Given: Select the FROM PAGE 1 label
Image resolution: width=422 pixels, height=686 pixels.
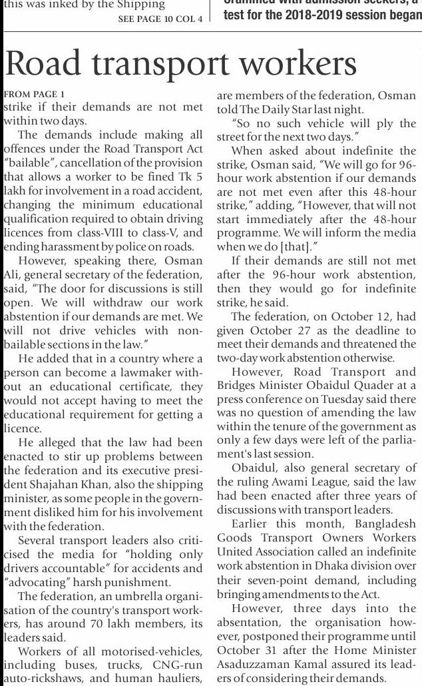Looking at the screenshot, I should (x=35, y=95).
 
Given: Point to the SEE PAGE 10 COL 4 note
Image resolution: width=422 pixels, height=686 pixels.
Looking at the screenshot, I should (x=160, y=19).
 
